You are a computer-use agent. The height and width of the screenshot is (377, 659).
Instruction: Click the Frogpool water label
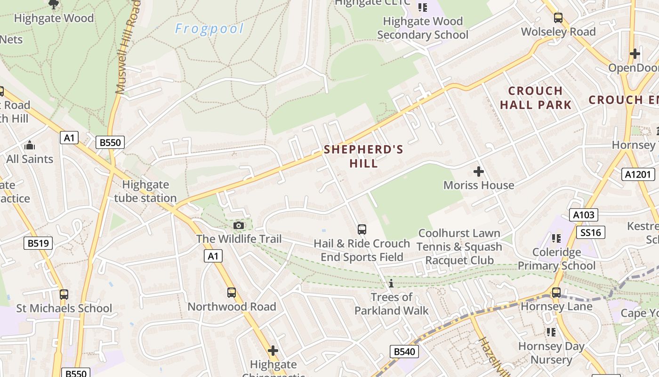(x=209, y=29)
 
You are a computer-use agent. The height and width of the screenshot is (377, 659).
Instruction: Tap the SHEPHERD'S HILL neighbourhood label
(x=363, y=156)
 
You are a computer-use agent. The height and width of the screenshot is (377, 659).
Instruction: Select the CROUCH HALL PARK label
(x=536, y=98)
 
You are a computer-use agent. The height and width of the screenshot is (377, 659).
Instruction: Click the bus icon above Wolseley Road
(x=558, y=18)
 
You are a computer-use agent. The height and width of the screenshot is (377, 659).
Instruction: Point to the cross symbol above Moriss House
(x=479, y=172)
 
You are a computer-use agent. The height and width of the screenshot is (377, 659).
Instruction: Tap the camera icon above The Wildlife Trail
(x=239, y=225)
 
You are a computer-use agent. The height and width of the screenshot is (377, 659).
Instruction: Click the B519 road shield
(x=38, y=243)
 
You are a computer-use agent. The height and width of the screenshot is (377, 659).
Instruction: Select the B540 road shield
(x=404, y=351)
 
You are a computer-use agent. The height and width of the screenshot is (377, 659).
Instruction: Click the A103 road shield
(x=583, y=215)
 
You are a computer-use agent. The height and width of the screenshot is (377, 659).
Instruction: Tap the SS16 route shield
(x=591, y=232)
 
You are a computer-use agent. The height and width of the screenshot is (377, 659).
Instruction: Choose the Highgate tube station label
(x=145, y=191)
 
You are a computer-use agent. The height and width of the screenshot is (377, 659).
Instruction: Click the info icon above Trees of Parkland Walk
(x=391, y=283)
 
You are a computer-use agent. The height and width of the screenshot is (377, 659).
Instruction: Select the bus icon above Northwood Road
(x=232, y=292)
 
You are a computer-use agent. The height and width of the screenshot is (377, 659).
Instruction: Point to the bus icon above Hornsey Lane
(x=556, y=292)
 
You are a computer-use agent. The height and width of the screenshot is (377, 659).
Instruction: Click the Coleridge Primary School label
(x=556, y=259)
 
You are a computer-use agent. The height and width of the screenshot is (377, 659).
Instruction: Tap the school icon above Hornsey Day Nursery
(x=551, y=332)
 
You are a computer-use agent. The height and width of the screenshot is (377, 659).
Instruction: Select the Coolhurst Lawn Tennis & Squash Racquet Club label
(x=459, y=246)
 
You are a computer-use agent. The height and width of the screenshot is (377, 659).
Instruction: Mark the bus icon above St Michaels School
(x=64, y=295)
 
